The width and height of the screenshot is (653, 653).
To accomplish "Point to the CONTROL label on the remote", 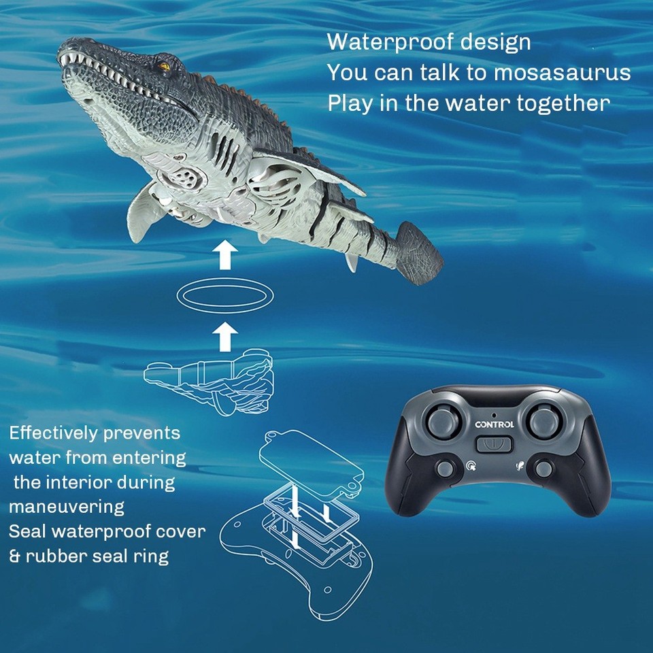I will point(495,424).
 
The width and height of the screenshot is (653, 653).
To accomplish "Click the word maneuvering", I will point(67,507).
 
